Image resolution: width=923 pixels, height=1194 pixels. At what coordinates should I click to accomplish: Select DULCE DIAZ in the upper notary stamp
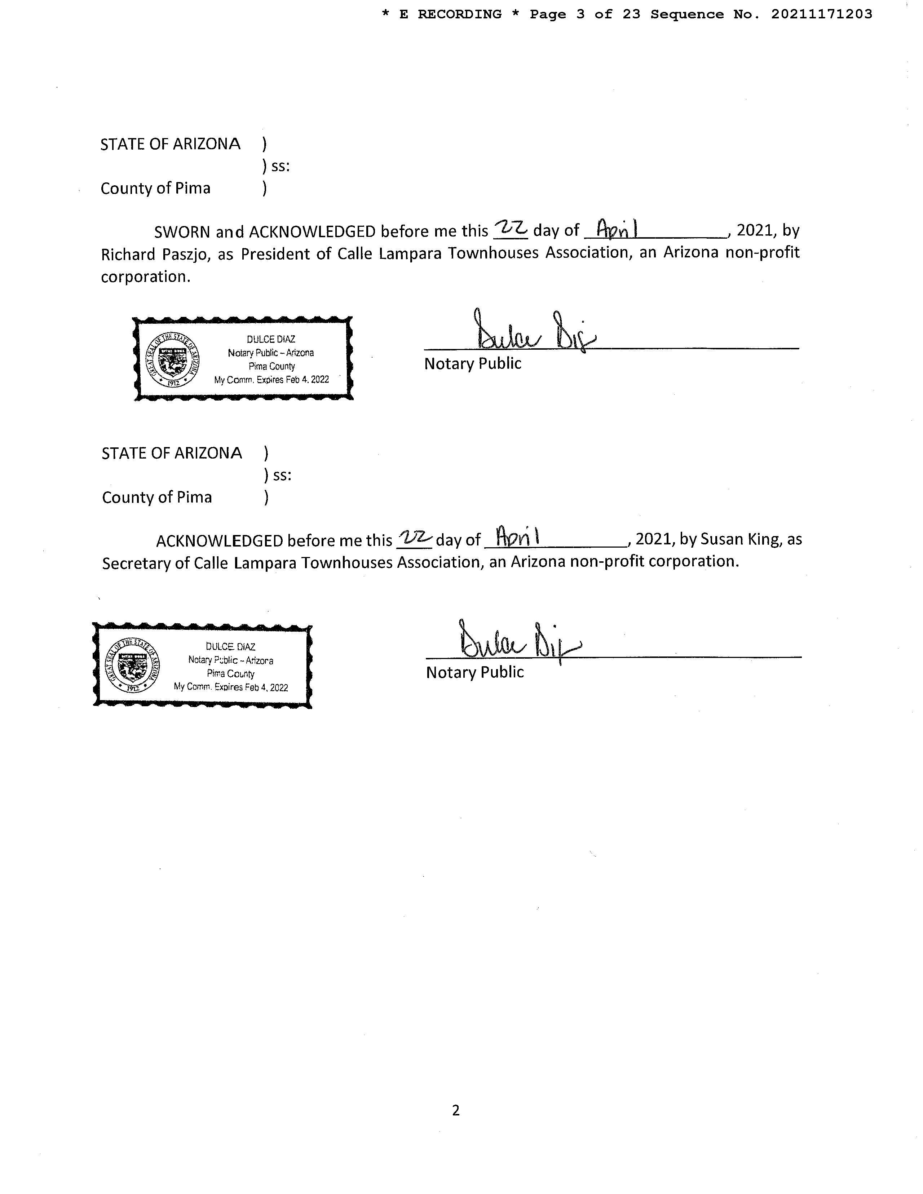click(271, 340)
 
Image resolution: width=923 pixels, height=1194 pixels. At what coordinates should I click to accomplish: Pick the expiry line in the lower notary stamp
click(231, 687)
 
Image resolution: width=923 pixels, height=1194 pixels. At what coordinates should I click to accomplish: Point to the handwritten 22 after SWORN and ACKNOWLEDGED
click(510, 229)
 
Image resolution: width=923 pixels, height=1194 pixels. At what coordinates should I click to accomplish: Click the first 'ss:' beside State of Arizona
click(280, 166)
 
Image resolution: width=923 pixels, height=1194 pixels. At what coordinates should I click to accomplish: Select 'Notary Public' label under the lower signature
click(474, 672)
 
